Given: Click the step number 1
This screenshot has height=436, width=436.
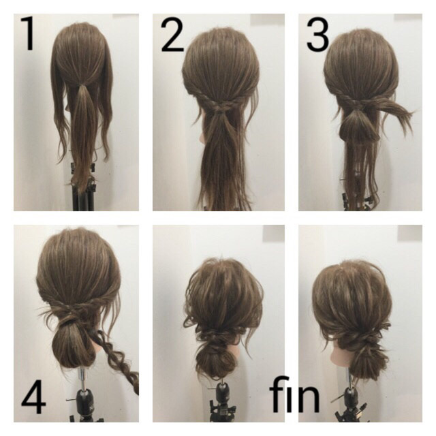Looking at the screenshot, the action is [28, 33].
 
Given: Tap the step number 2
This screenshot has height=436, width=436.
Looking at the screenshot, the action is [172, 35].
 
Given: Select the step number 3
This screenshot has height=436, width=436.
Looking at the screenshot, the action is [318, 35].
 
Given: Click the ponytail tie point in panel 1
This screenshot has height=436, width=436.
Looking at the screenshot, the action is [82, 83].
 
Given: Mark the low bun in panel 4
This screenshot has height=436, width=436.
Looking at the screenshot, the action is [73, 346].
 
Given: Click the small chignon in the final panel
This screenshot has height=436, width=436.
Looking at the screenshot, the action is [364, 360].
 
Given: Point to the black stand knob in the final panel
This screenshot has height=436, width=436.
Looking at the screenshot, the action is [352, 396].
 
